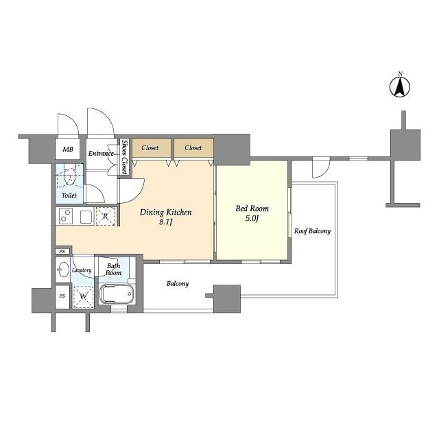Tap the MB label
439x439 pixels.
(x=68, y=150)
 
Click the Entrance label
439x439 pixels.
(x=101, y=154)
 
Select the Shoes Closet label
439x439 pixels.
(x=124, y=156)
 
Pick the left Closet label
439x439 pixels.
(x=150, y=147)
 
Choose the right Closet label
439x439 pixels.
(x=193, y=147)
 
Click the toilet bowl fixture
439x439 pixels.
(x=69, y=175)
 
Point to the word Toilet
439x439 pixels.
(x=69, y=195)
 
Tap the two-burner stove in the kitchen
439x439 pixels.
(x=66, y=216)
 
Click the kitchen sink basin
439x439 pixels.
(x=86, y=216)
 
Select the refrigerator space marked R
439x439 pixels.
(x=105, y=216)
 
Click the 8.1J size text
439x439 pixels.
(x=165, y=222)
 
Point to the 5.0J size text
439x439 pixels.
(x=252, y=218)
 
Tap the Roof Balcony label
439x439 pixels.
(x=312, y=231)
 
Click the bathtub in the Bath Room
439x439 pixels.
(x=117, y=294)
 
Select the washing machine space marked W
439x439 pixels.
(x=83, y=297)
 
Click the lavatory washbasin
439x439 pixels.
(x=63, y=270)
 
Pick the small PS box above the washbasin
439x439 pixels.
(x=62, y=252)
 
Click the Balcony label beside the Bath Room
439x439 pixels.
(x=178, y=283)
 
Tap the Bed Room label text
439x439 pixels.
(x=252, y=209)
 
